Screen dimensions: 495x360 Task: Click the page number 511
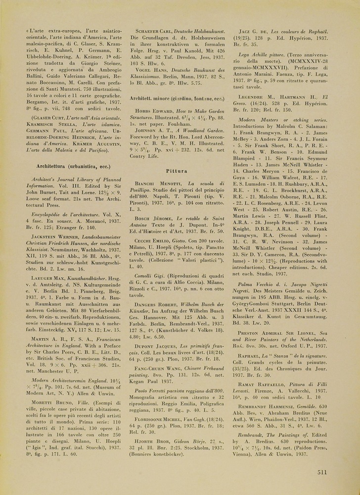(322, 472)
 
